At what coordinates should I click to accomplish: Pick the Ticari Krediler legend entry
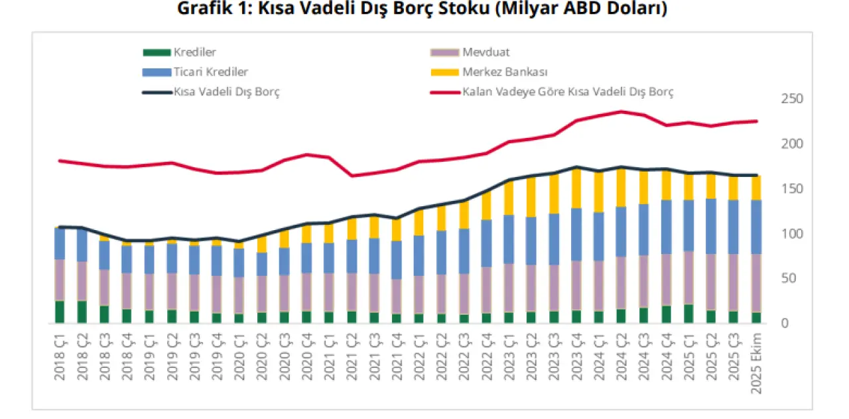211,72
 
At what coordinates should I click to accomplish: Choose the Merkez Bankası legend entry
506,72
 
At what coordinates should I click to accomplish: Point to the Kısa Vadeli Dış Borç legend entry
226,92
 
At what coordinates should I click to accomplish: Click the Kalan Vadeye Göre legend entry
568,92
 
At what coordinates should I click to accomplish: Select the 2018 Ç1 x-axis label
60,357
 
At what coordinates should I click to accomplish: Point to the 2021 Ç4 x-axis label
395,357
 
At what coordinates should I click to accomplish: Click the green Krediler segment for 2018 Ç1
60,312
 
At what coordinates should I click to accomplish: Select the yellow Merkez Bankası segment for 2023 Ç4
577,188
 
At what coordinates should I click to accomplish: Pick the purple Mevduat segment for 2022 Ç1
419,294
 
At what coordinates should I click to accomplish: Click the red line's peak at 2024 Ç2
621,111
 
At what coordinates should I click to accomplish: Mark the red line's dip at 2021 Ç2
352,176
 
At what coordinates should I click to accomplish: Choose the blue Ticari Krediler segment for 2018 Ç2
82,245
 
